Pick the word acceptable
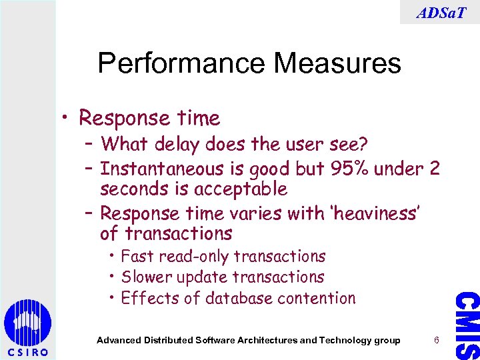241,189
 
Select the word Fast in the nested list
137,256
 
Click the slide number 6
436,340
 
